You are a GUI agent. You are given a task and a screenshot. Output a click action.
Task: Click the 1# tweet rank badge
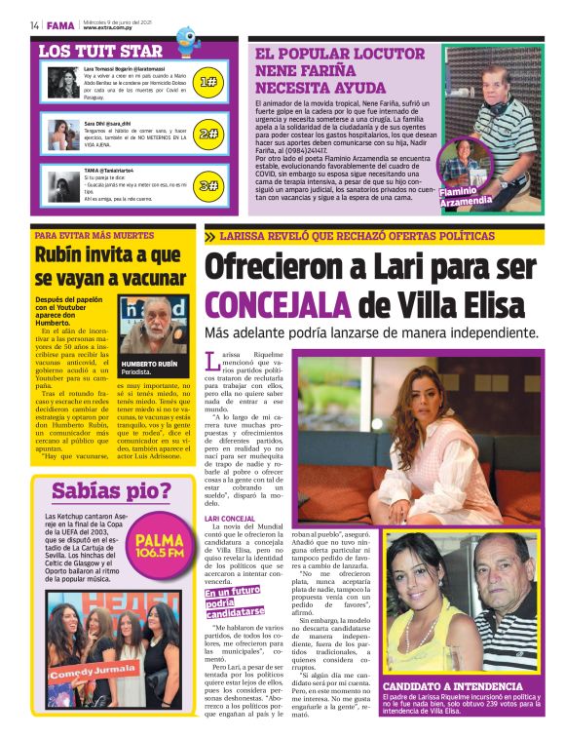click(207, 82)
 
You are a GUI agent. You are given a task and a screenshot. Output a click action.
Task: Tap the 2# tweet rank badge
click(207, 134)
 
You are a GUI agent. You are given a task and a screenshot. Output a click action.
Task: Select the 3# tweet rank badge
click(207, 184)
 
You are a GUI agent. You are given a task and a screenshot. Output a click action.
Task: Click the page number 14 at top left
click(34, 25)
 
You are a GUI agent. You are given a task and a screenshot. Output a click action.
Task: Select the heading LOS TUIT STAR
click(100, 51)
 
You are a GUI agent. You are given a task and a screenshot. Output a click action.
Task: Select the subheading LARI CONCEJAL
click(230, 519)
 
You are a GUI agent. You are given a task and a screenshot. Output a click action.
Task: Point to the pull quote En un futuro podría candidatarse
click(234, 602)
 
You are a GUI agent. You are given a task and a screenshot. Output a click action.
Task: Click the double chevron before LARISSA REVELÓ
click(210, 236)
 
